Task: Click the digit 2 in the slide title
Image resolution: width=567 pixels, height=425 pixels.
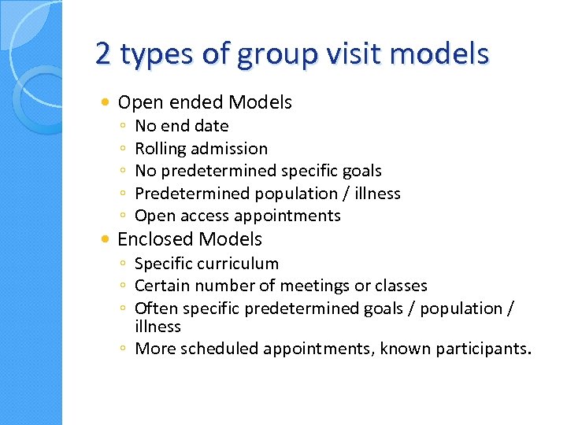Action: pyautogui.click(x=102, y=54)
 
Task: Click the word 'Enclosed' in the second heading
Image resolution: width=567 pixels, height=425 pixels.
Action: pyautogui.click(x=155, y=238)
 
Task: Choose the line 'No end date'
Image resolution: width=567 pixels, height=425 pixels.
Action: pyautogui.click(x=182, y=126)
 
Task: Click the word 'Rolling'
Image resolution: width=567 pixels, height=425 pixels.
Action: pyautogui.click(x=160, y=148)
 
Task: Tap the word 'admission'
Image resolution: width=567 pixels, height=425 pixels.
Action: pyautogui.click(x=228, y=148)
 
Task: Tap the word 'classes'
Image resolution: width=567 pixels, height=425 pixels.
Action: pyautogui.click(x=399, y=286)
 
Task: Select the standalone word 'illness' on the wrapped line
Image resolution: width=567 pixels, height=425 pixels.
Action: pyautogui.click(x=157, y=326)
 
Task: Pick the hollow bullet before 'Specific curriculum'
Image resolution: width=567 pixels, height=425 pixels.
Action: pyautogui.click(x=125, y=264)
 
